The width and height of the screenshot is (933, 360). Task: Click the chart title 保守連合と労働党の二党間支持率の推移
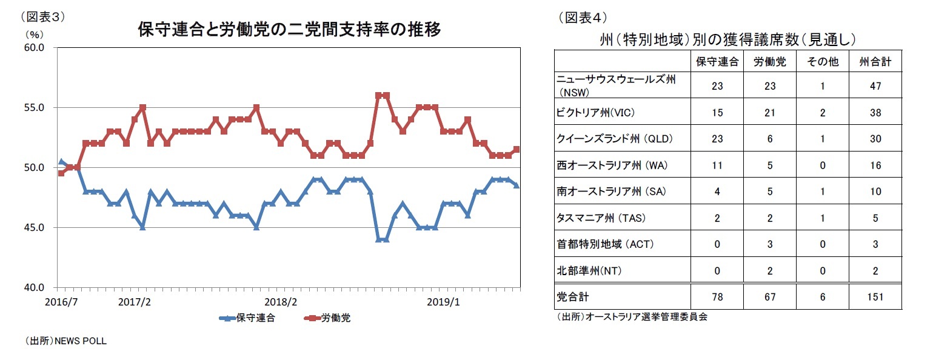(289, 28)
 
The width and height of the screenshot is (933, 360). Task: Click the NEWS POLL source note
(65, 341)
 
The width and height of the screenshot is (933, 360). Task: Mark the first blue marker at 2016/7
(61, 162)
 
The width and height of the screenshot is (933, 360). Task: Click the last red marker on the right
(517, 149)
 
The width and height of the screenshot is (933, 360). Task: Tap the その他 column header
(822, 62)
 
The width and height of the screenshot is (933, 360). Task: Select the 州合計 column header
(875, 62)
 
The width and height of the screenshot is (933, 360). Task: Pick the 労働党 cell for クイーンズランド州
(769, 139)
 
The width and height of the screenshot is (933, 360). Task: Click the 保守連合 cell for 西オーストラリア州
(717, 165)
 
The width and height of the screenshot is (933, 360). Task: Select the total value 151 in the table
(875, 297)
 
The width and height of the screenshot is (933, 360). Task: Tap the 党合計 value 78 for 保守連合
(717, 297)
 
